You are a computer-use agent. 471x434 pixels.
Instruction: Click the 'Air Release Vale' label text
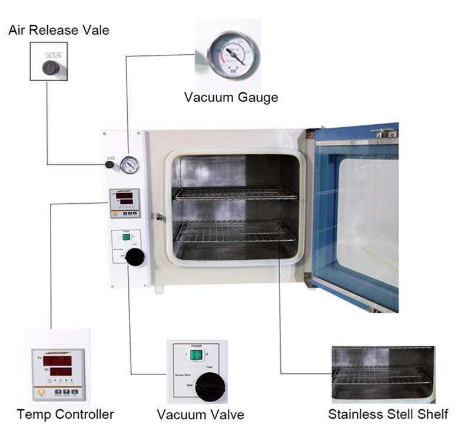[x=59, y=30]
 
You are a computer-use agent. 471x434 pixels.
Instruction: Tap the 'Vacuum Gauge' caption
[x=231, y=97]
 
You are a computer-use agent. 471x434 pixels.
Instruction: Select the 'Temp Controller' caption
[x=65, y=414]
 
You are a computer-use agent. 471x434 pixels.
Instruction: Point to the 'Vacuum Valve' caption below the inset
[x=200, y=415]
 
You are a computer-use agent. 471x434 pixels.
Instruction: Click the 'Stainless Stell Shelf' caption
[x=388, y=414]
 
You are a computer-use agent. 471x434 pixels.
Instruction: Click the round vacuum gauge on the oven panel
[x=130, y=165]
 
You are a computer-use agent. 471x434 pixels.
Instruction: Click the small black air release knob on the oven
[x=110, y=164]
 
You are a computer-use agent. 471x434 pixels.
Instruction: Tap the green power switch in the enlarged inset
[x=197, y=355]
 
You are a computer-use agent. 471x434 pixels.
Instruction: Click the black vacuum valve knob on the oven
[x=135, y=257]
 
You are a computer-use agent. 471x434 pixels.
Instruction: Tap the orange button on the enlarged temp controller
[x=41, y=390]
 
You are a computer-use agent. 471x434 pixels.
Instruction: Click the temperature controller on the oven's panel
[x=125, y=203]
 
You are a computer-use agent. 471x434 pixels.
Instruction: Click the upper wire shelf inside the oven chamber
[x=235, y=193]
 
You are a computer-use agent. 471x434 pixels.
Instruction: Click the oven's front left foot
[x=160, y=289]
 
